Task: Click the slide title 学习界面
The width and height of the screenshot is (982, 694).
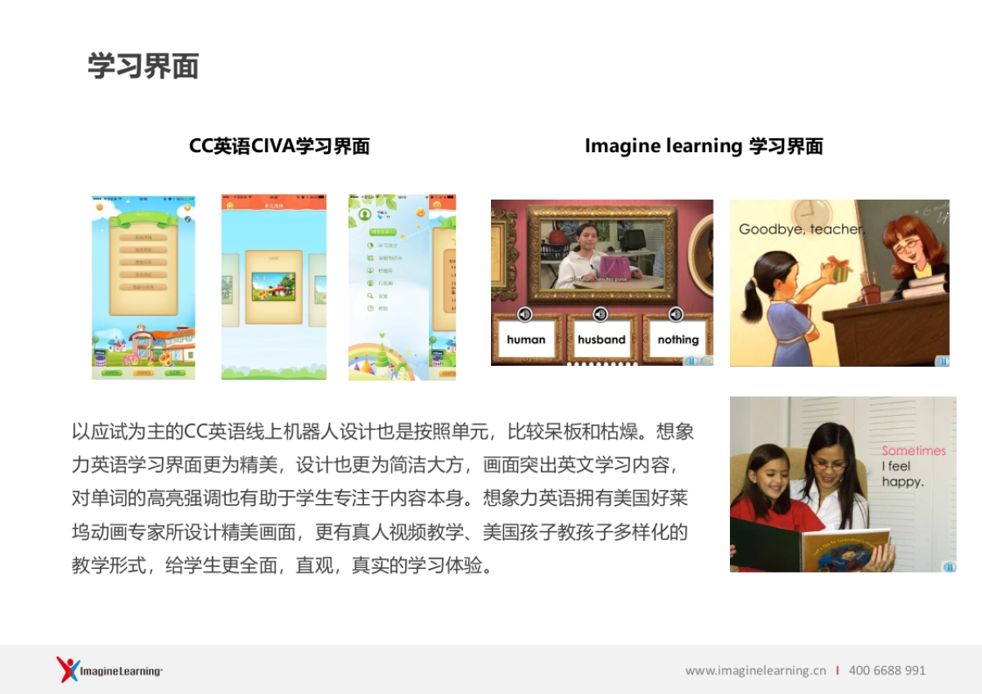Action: tap(143, 66)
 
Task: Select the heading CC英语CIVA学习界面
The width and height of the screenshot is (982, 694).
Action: tap(279, 146)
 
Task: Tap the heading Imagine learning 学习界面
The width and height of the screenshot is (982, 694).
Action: tap(703, 146)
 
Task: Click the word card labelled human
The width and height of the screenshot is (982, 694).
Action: tap(525, 339)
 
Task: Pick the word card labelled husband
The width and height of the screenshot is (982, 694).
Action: tap(601, 339)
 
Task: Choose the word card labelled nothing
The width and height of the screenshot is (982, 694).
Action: tap(678, 339)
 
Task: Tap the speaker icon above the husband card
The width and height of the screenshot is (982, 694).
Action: tap(600, 314)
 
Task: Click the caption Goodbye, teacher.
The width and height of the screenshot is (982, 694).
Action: tap(801, 229)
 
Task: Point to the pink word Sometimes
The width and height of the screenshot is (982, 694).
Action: tap(913, 451)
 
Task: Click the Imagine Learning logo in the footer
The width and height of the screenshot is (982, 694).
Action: tap(110, 670)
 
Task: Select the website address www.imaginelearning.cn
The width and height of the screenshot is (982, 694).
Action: tap(755, 670)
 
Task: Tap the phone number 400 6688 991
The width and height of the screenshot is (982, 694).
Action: tap(887, 670)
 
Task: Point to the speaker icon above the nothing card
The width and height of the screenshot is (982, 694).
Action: tap(675, 314)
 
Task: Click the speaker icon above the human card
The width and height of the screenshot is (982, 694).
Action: tap(525, 314)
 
